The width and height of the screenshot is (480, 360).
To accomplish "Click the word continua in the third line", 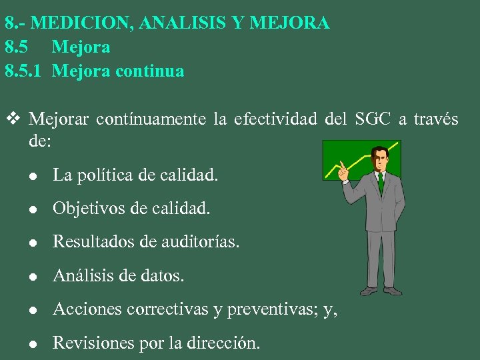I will click(150, 71).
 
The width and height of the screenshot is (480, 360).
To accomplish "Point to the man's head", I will click(380, 159).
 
